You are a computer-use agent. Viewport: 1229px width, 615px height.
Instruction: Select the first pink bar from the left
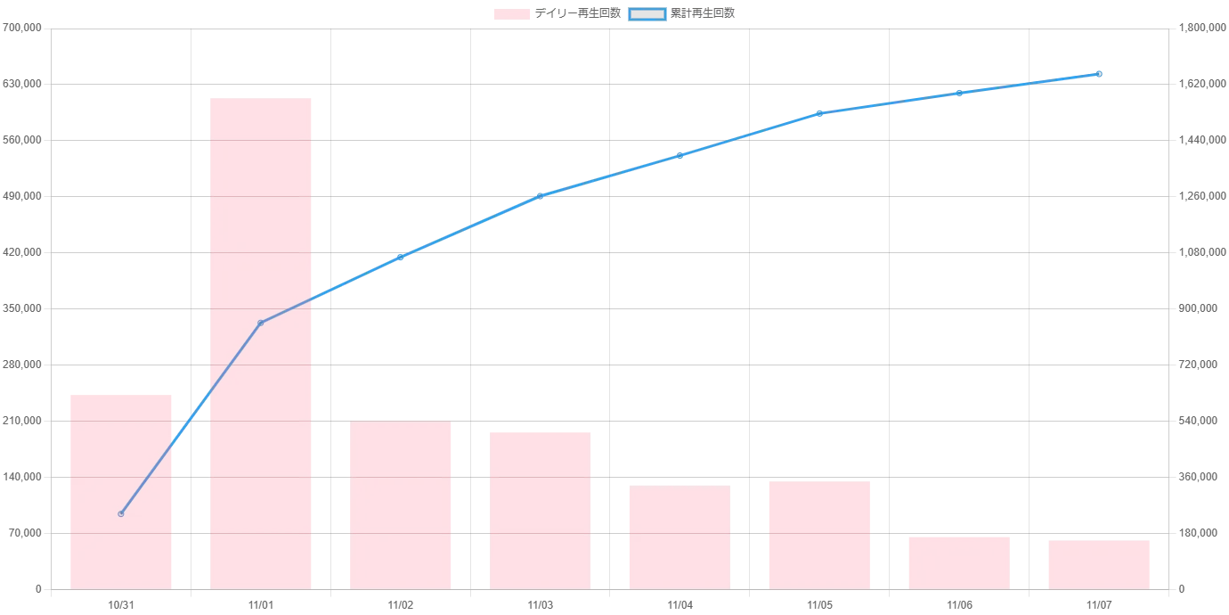120,491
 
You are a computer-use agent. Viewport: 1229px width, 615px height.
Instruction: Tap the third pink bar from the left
401,505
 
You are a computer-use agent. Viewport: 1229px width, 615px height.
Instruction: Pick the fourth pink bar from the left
540,509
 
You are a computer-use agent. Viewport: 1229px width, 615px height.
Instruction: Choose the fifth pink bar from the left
680,537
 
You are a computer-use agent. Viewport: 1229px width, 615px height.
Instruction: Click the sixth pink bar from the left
819,535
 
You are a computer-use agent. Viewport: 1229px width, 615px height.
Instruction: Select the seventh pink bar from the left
959,562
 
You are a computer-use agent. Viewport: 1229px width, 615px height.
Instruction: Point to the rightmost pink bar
1100,562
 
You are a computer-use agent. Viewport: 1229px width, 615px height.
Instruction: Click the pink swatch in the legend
512,14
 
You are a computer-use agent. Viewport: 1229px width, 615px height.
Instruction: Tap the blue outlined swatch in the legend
647,14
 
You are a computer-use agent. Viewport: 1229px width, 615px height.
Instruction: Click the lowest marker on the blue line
120,514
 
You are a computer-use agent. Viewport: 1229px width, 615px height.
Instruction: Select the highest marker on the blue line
1100,73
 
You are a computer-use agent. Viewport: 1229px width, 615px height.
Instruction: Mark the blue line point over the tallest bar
260,322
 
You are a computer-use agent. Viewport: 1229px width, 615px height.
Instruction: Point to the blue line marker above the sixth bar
819,113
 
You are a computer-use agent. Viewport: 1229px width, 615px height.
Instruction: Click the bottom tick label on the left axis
38,590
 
